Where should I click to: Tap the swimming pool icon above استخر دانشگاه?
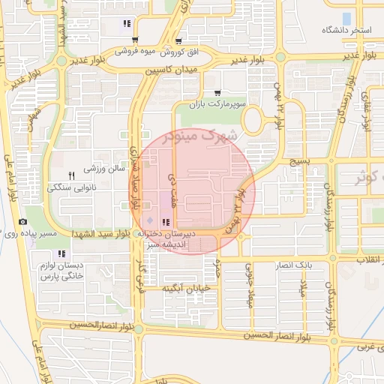click(346, 17)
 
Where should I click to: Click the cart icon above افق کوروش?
click(178, 41)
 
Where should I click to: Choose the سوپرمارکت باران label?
click(217, 104)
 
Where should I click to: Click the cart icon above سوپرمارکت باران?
click(217, 92)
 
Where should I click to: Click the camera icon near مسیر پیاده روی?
click(22, 222)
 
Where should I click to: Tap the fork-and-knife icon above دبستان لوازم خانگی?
click(61, 253)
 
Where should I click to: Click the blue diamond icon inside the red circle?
click(149, 220)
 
